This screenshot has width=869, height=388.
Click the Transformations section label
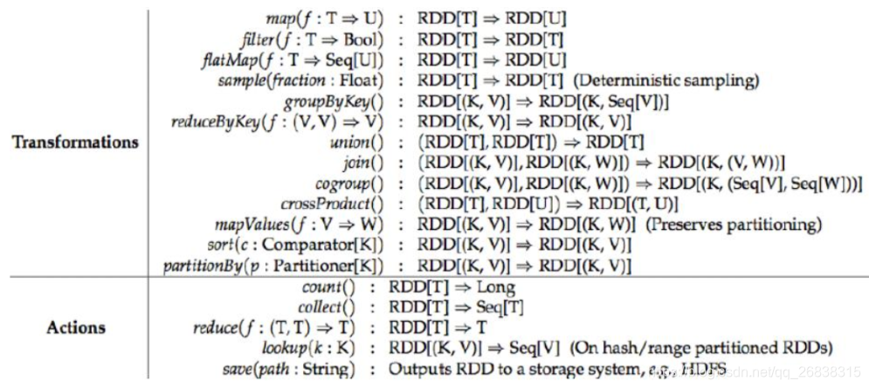coord(75,142)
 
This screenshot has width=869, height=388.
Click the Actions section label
coord(75,328)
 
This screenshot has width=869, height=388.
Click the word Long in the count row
coord(496,287)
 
